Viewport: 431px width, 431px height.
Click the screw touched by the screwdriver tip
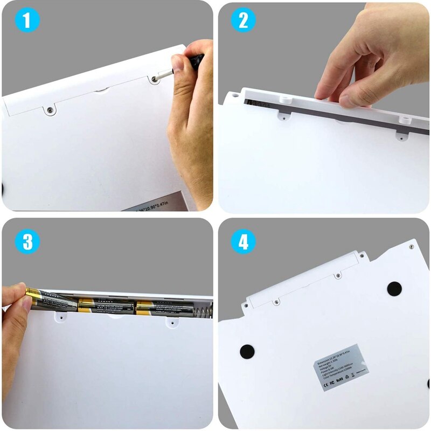(155, 79)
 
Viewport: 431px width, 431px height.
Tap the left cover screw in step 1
(49, 109)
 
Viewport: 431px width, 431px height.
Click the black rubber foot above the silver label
(394, 288)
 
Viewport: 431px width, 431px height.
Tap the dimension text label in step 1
(156, 205)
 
